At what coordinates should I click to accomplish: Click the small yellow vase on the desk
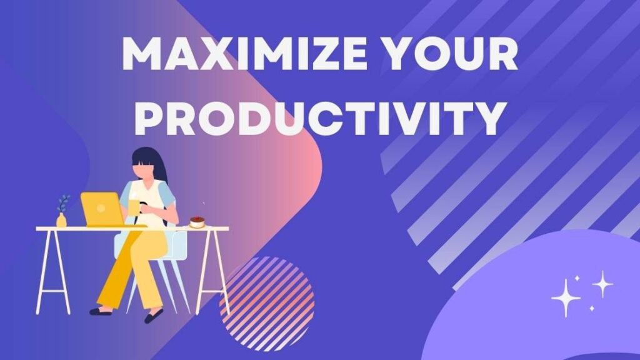point(61,220)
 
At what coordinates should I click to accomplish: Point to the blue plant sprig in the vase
point(63,203)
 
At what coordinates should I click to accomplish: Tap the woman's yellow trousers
point(128,269)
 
